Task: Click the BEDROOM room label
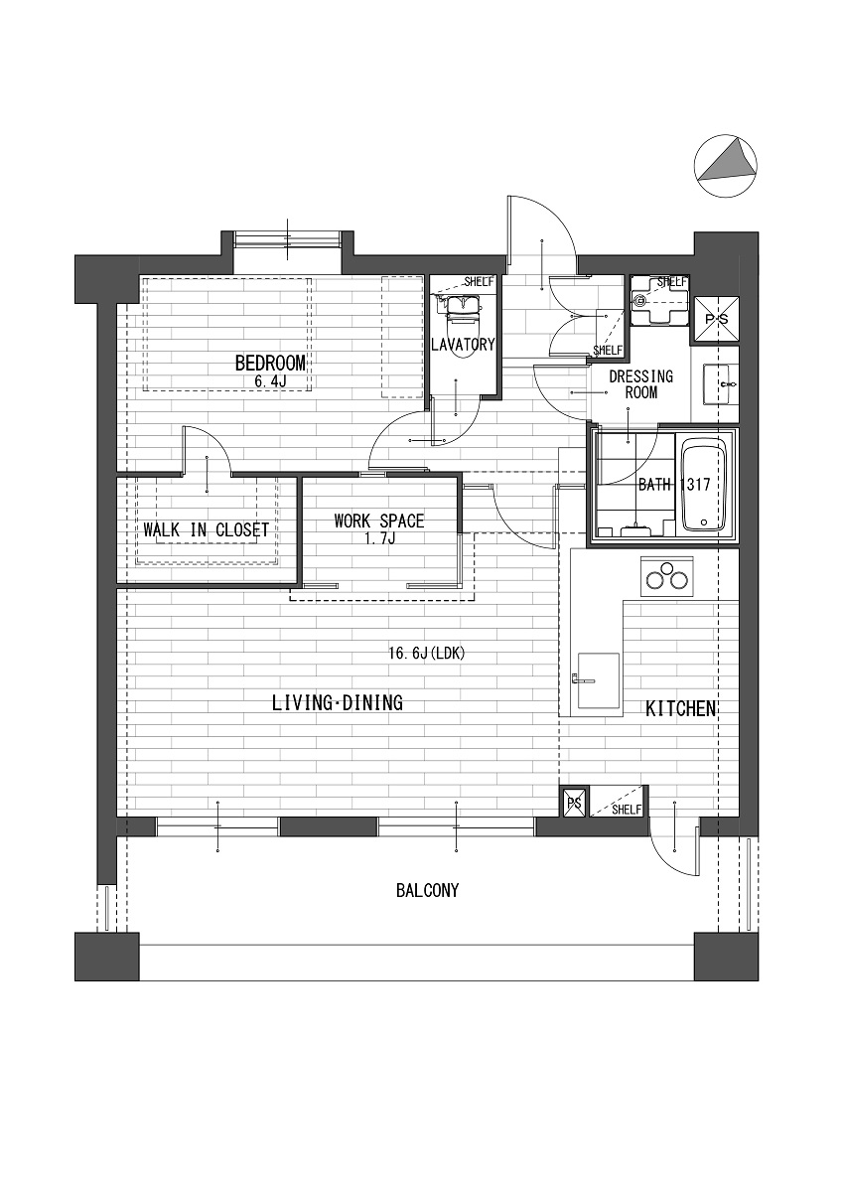(270, 364)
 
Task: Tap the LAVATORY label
(463, 345)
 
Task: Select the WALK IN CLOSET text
(207, 530)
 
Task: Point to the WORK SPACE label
(379, 521)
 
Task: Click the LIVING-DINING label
(338, 703)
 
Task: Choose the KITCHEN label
(680, 709)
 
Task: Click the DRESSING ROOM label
(641, 384)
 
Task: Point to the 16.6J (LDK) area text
(427, 653)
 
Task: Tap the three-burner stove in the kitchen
(667, 577)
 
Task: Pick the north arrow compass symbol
(726, 166)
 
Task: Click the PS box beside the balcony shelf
(575, 803)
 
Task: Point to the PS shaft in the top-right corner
(715, 319)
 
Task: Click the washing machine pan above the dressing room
(659, 300)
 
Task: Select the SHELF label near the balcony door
(628, 810)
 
